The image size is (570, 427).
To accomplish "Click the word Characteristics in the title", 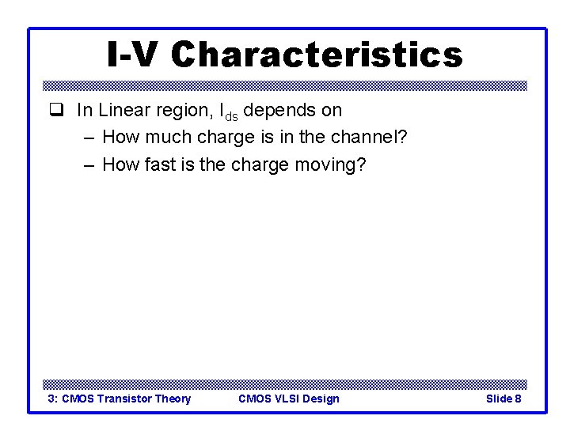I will click(316, 55).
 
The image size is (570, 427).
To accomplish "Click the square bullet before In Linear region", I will click(55, 111).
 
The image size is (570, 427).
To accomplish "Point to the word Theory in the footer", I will click(173, 399).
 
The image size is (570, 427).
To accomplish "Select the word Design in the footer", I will click(321, 399).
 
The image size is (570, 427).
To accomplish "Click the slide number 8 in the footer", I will click(518, 399).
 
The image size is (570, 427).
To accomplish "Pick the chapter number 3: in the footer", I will click(53, 399).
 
